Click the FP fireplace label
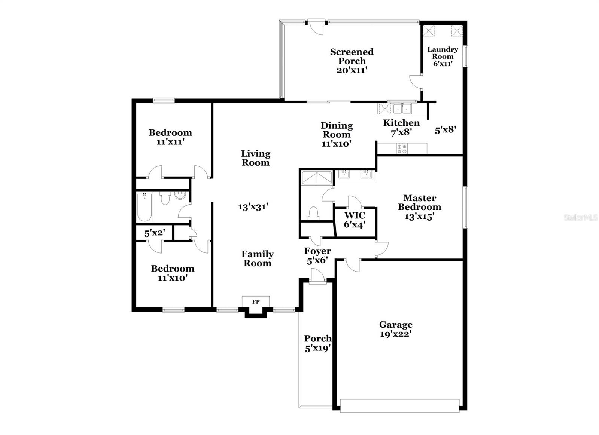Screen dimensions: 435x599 pos(256,301)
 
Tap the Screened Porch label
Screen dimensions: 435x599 pos(352,56)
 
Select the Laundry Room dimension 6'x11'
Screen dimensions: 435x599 pos(443,64)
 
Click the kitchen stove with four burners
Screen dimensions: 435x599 pos(402,149)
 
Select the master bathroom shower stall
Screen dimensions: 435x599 pos(317,178)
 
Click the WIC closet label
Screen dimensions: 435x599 pos(355,215)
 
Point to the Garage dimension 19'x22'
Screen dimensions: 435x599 pos(396,334)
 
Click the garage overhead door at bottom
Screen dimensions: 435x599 pos(399,405)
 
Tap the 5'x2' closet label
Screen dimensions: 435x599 pos(154,233)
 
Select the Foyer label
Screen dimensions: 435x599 pos(317,251)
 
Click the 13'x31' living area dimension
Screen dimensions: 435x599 pos(253,206)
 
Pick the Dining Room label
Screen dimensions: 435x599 pos(337,130)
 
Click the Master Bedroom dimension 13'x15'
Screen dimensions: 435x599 pos(419,216)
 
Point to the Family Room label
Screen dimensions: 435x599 pos(257,258)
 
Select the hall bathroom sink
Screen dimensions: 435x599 pos(180,196)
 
